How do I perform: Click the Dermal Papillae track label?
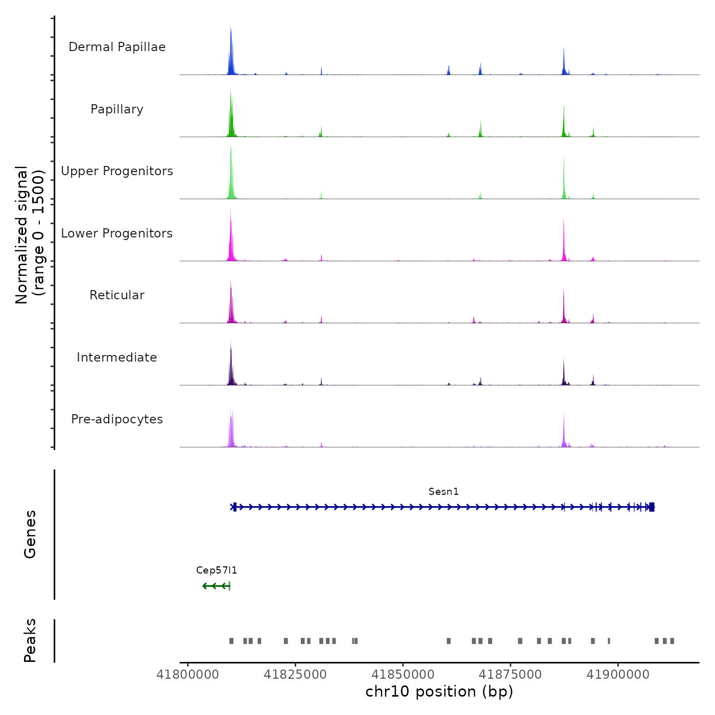117,47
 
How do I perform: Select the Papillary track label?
117,109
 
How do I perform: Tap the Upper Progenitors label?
117,171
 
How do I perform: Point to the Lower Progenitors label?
117,233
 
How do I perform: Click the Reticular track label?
117,295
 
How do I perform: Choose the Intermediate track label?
117,357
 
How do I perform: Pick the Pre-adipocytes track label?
117,419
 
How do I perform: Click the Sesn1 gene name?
443,492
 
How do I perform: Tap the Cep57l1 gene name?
217,570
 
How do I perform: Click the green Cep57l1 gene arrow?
216,586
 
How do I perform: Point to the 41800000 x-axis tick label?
188,675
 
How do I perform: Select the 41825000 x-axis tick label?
295,675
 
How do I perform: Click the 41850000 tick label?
403,675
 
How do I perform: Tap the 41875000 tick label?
510,675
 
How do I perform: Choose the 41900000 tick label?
618,675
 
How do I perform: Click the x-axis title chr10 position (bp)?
439,692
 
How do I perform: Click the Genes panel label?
30,534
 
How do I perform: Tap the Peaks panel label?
30,640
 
